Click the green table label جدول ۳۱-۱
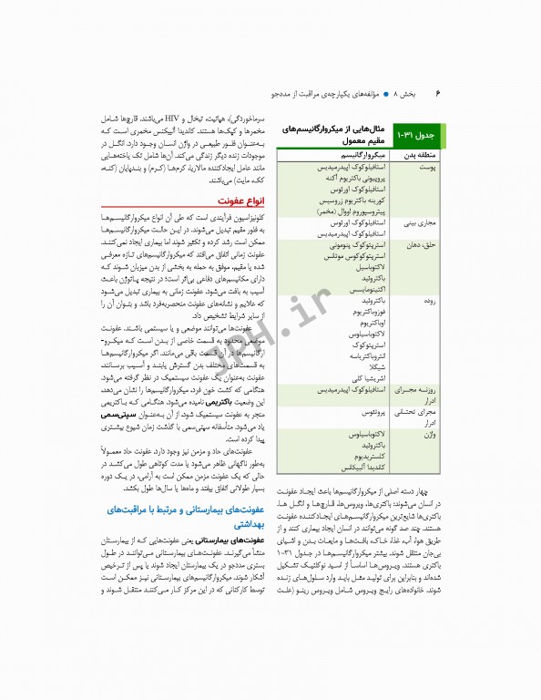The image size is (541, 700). pos(417,136)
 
